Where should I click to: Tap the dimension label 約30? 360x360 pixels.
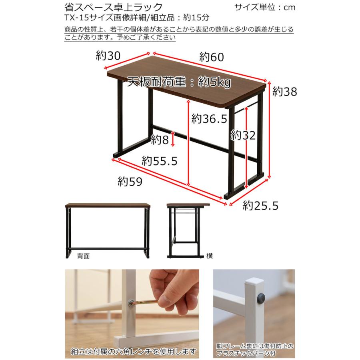[108, 56]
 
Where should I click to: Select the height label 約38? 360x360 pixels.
[285, 92]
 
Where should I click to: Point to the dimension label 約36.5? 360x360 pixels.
[209, 118]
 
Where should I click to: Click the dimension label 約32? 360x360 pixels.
[243, 135]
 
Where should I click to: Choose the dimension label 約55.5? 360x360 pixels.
[159, 161]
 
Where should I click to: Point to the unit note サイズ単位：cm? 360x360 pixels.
[265, 8]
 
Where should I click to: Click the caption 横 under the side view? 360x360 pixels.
[210, 256]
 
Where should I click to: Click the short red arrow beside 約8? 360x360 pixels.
[173, 140]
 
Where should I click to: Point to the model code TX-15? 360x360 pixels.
[75, 18]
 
